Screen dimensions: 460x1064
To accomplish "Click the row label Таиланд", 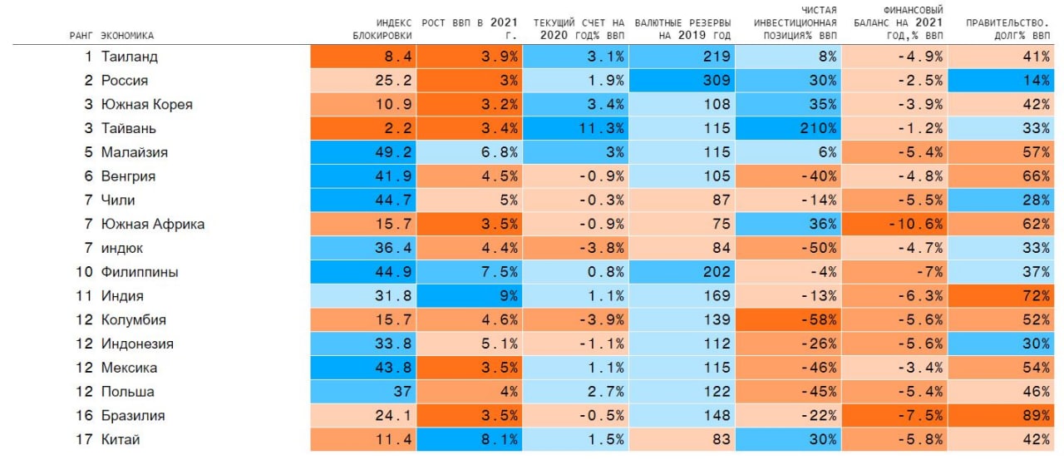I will (x=129, y=57).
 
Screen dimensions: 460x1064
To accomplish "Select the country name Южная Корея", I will (x=146, y=105).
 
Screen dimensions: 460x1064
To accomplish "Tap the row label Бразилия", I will (x=133, y=416).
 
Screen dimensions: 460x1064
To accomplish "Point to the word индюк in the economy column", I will (x=122, y=248).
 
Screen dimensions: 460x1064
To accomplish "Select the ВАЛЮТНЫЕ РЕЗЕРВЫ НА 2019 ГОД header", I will (x=682, y=29).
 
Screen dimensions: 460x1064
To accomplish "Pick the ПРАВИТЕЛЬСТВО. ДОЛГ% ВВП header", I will (x=1007, y=29).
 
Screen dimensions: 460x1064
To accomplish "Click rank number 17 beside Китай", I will (x=84, y=440).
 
